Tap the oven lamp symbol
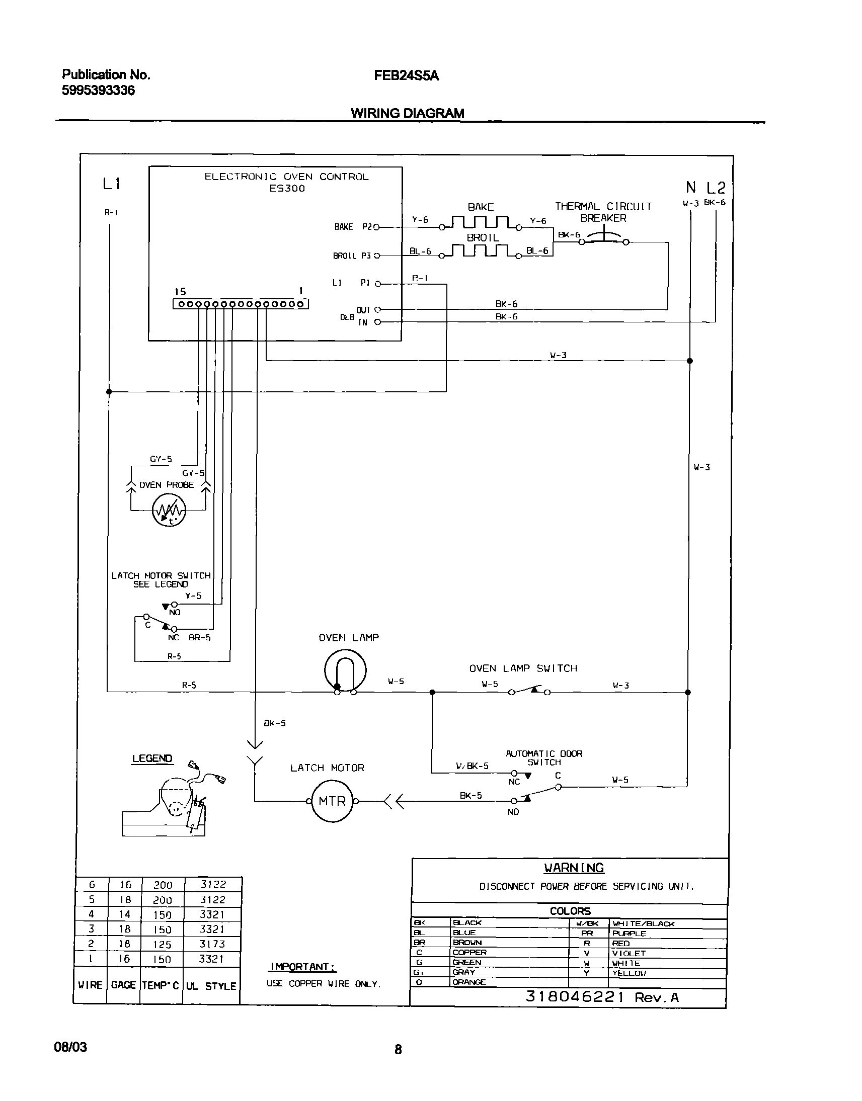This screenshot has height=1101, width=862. pyautogui.click(x=345, y=670)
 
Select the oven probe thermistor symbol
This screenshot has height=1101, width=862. pyautogui.click(x=169, y=510)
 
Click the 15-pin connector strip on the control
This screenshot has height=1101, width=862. pyautogui.click(x=241, y=304)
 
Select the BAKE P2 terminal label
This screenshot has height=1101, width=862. pyautogui.click(x=353, y=227)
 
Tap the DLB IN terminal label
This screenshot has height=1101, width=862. pyautogui.click(x=363, y=322)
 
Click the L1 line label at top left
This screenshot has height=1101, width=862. pyautogui.click(x=112, y=184)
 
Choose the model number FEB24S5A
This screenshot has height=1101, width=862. pyautogui.click(x=406, y=75)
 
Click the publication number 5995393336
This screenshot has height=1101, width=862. pyautogui.click(x=99, y=91)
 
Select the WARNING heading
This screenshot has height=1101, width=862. pyautogui.click(x=574, y=868)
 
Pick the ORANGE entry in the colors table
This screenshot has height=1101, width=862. pyautogui.click(x=469, y=982)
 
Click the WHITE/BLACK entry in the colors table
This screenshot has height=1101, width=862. pyautogui.click(x=643, y=923)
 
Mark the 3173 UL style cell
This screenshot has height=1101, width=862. pyautogui.click(x=212, y=944)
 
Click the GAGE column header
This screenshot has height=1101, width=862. pyautogui.click(x=124, y=985)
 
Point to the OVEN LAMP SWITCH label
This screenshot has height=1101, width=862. pyautogui.click(x=523, y=668)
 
